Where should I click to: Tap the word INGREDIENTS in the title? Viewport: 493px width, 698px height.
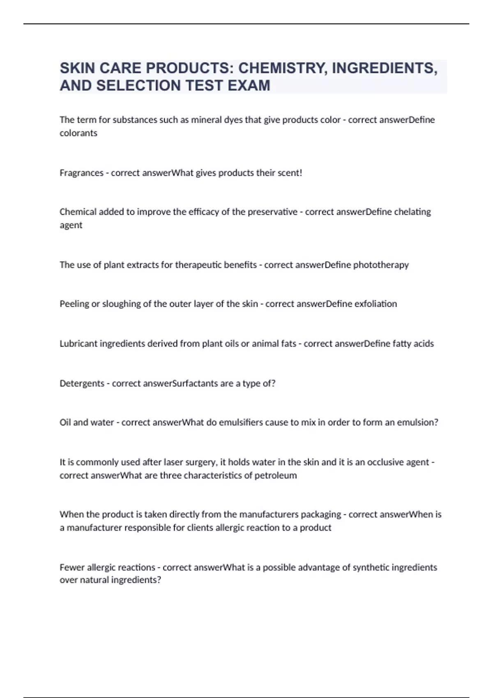(x=385, y=68)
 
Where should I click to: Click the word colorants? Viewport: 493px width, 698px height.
(x=78, y=133)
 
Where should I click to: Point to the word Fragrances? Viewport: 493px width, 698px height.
(x=81, y=173)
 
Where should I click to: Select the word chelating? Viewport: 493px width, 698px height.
(x=412, y=212)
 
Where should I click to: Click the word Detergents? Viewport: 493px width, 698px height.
(x=82, y=383)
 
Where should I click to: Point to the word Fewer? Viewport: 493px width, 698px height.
(x=72, y=567)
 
